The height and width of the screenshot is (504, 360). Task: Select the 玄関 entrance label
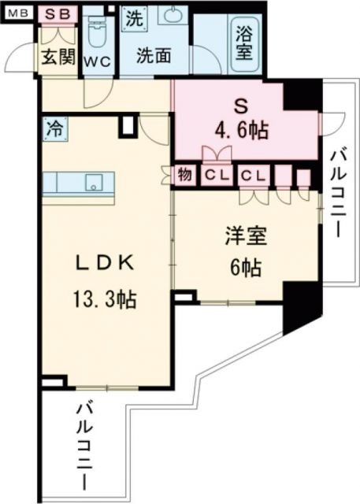58,57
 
